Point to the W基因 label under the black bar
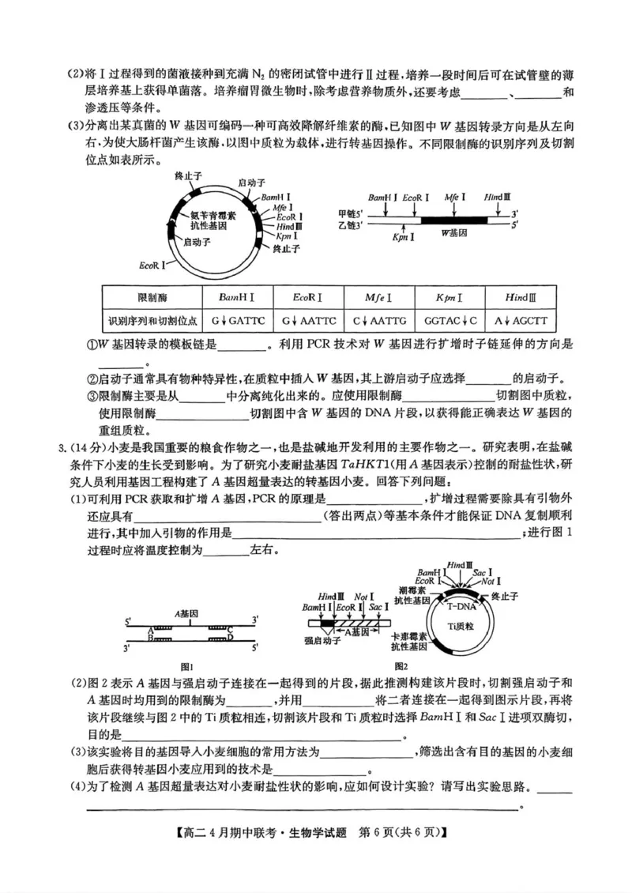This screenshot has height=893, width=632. point(454,233)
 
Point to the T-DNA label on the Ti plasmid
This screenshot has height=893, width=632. point(461,608)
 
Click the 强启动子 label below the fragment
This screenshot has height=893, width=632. point(322,641)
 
